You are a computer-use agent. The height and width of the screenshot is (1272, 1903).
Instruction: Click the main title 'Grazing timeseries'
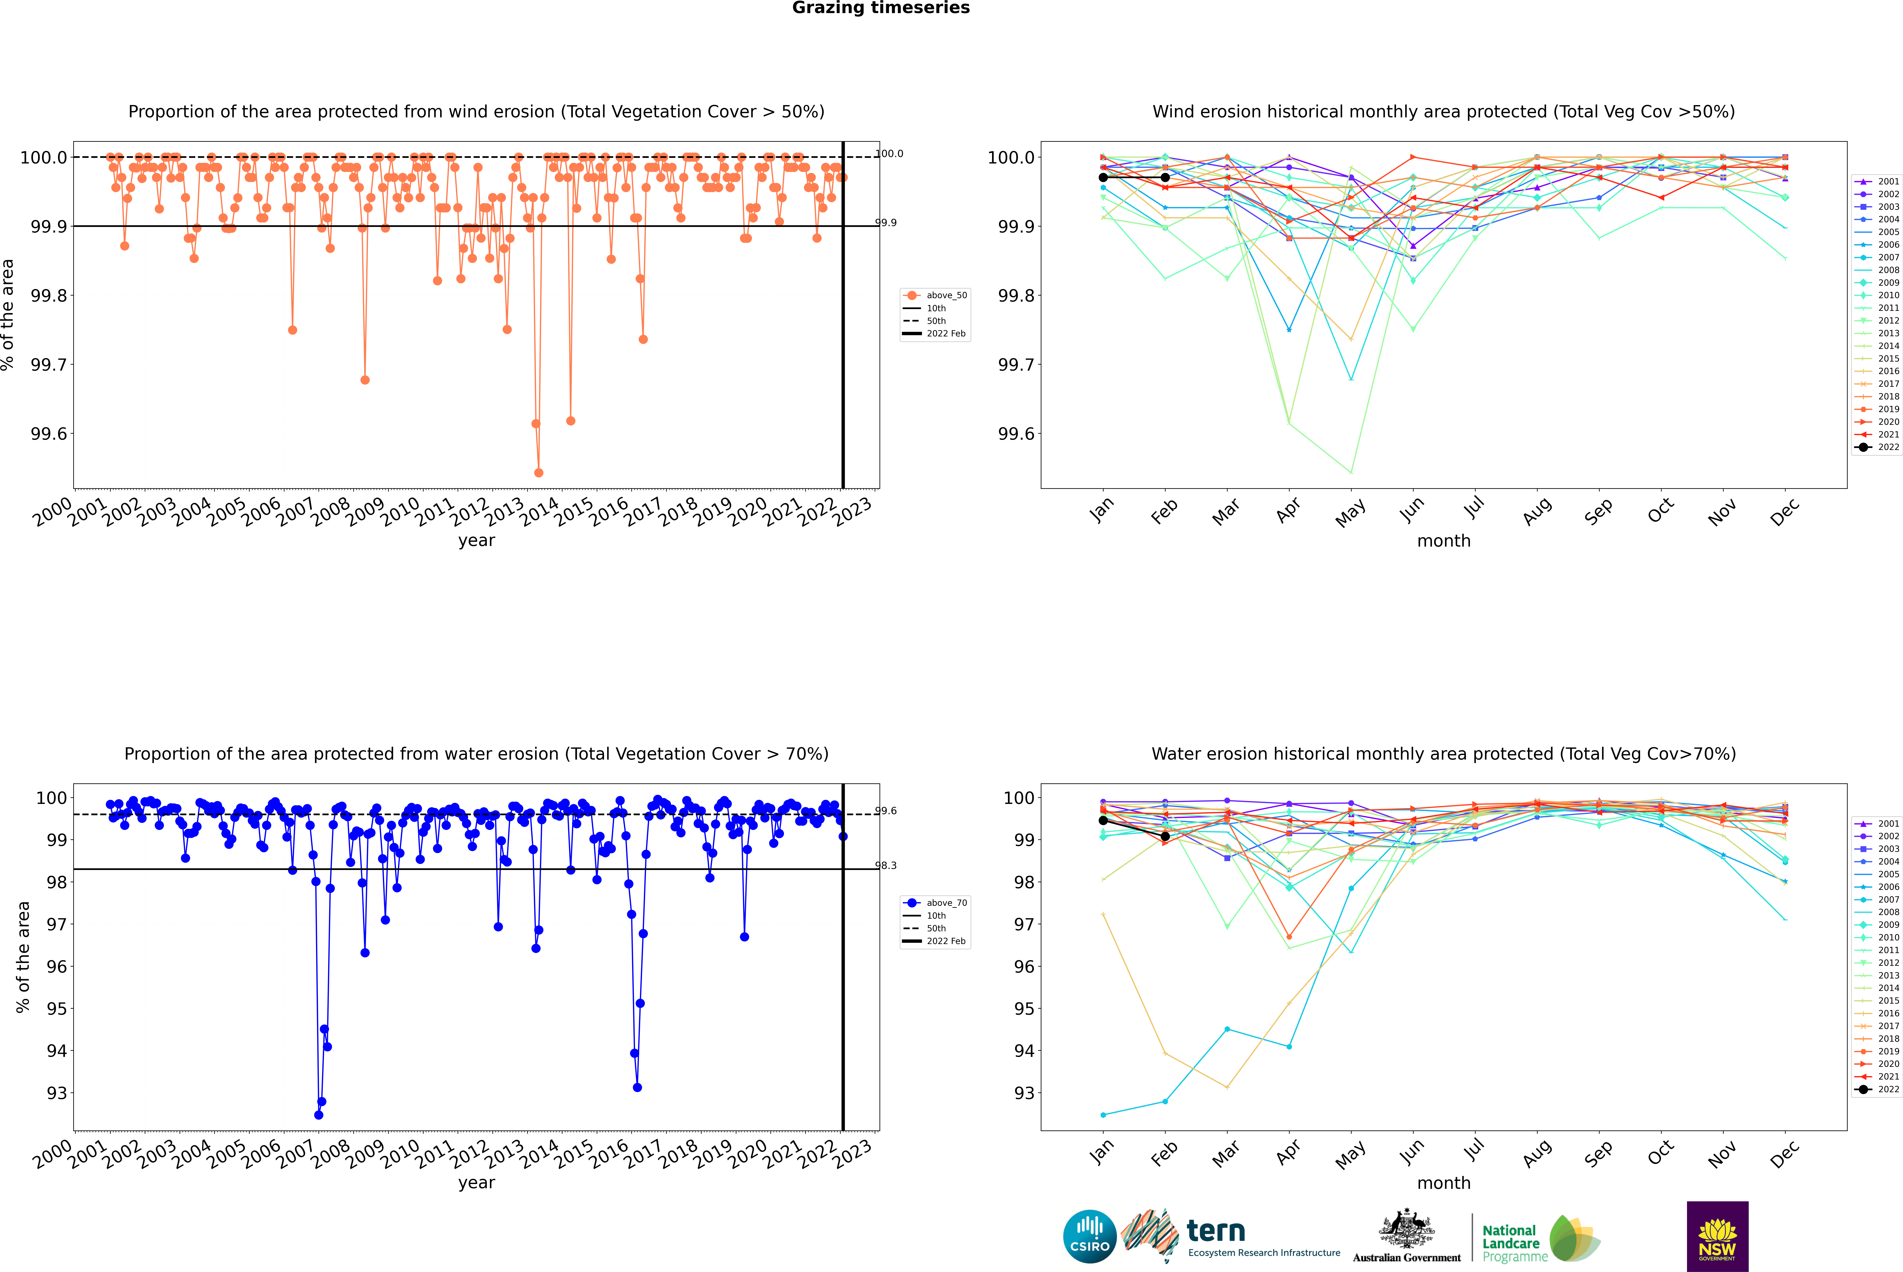(881, 8)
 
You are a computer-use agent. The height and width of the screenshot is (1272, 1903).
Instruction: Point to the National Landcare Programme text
(1510, 1243)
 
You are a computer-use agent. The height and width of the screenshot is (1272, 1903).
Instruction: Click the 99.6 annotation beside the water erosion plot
(886, 810)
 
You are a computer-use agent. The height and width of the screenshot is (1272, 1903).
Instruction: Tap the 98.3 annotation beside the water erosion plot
(886, 866)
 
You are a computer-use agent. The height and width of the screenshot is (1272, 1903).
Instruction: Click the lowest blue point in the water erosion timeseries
(319, 1115)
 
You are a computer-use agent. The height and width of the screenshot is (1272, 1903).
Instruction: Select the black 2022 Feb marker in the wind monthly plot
(1165, 177)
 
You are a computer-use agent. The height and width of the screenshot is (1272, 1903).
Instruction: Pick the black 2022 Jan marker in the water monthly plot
(1103, 820)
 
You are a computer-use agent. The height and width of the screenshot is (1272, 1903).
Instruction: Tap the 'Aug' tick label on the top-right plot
(1537, 512)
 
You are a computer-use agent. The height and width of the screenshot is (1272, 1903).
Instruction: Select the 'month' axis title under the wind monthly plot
(1443, 540)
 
